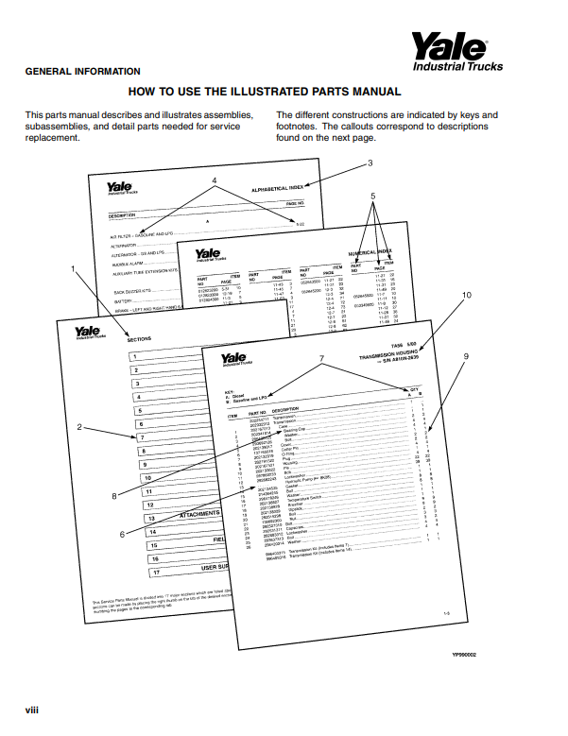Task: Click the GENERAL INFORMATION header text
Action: [x=82, y=72]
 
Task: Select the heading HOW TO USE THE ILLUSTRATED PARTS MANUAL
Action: [x=265, y=92]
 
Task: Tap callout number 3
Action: [x=370, y=163]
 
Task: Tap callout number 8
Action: [x=113, y=496]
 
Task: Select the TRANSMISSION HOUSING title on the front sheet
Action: [x=391, y=358]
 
